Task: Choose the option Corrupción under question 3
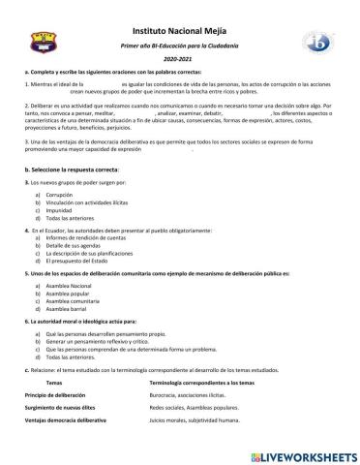[x=61, y=195]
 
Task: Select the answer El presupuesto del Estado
[x=80, y=262]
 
